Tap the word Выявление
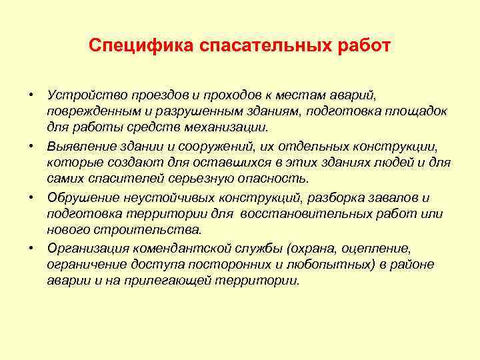pos(77,144)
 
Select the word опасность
pos(277,178)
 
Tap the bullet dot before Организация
pos(31,248)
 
